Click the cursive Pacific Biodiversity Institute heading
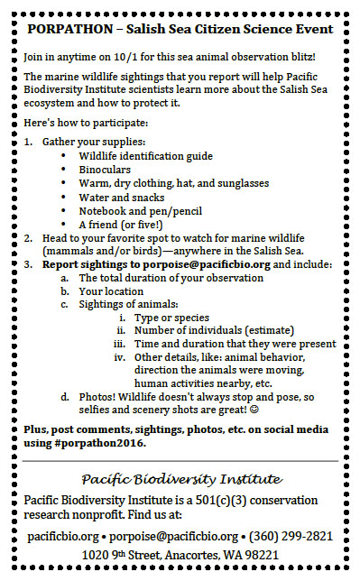(x=180, y=478)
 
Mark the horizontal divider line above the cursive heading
(x=180, y=461)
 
